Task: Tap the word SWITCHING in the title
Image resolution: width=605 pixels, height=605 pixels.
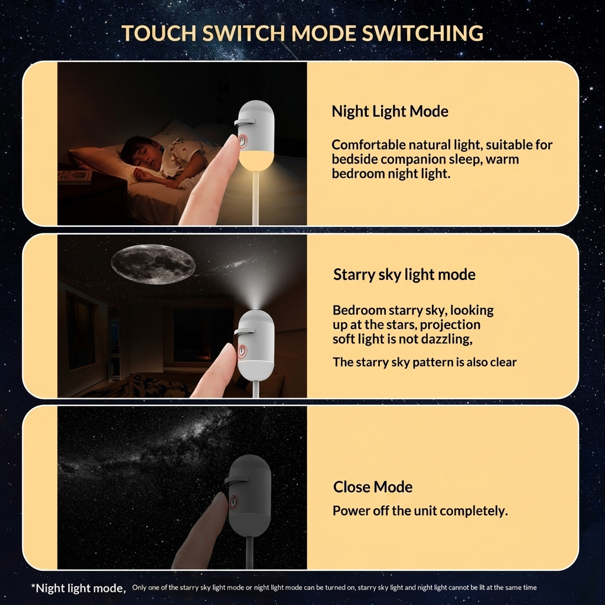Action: [422, 33]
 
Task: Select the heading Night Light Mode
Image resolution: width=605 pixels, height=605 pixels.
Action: [390, 112]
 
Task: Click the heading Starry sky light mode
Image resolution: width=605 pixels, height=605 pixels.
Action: [404, 275]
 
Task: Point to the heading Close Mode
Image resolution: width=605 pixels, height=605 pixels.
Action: [373, 487]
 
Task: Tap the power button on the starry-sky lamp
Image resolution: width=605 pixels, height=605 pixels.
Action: [242, 350]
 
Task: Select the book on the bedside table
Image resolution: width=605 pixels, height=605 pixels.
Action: [74, 176]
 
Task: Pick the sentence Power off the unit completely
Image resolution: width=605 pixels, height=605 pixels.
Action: [420, 511]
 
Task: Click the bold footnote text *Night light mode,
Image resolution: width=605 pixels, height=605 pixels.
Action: [79, 588]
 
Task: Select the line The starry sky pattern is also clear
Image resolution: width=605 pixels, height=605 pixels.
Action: [424, 362]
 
